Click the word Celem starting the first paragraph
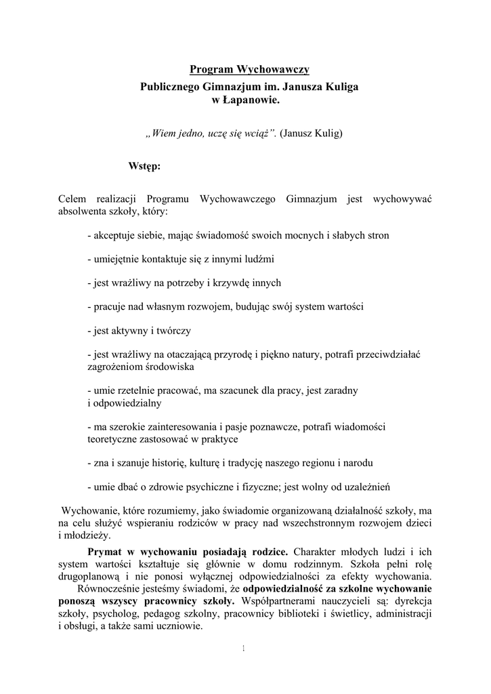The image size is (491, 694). (72, 199)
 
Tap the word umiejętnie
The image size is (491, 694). (118, 259)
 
